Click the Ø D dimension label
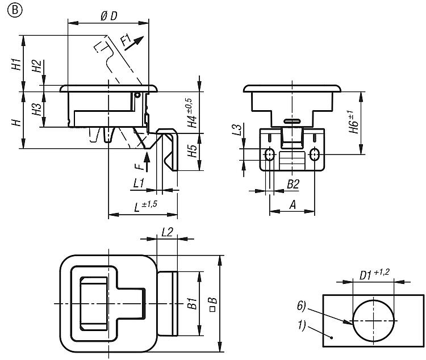coord(108,16)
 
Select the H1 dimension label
coord(16,64)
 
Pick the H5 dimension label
coord(193,151)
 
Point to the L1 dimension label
coord(138,183)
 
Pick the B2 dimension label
coord(293,183)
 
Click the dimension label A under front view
coord(291,204)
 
